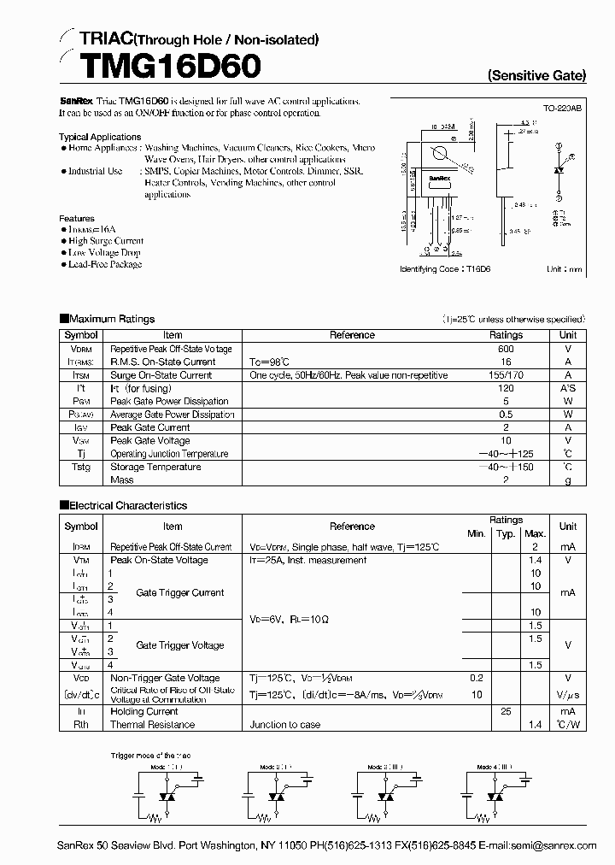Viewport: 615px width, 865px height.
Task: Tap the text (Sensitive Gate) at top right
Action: [536, 75]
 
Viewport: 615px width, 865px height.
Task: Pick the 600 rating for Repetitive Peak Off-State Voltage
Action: [506, 349]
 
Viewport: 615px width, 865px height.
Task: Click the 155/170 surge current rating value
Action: [506, 374]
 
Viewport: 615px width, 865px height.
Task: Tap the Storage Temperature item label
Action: [155, 467]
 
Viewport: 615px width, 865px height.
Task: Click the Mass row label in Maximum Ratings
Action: [121, 480]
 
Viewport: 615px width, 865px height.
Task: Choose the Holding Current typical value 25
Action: [506, 711]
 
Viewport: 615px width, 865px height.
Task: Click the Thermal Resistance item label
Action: [152, 724]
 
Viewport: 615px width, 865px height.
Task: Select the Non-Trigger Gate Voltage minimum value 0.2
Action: [476, 678]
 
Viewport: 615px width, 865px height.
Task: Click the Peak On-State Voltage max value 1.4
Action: [536, 560]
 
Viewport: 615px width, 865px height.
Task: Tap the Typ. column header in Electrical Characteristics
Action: [506, 533]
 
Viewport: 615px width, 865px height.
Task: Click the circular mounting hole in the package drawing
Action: [440, 155]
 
